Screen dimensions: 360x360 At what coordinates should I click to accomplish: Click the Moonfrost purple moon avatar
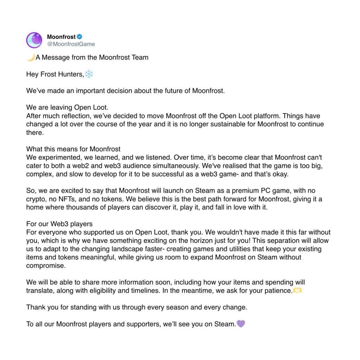[x=34, y=40]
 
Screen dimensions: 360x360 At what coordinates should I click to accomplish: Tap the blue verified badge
[x=80, y=37]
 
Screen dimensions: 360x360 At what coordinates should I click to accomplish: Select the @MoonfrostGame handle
[x=71, y=44]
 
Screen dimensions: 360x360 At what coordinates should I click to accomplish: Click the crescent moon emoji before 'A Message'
[x=31, y=57]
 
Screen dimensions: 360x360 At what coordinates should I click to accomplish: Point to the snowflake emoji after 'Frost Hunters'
[x=89, y=74]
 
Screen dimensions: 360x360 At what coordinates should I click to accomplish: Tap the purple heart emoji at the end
[x=241, y=324]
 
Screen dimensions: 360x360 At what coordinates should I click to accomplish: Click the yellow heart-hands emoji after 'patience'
[x=297, y=291]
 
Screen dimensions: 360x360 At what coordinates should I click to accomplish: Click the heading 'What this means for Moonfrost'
[x=73, y=149]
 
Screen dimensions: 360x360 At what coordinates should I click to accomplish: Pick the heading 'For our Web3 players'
[x=59, y=224]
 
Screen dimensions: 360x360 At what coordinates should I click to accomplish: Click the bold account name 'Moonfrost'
[x=61, y=37]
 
